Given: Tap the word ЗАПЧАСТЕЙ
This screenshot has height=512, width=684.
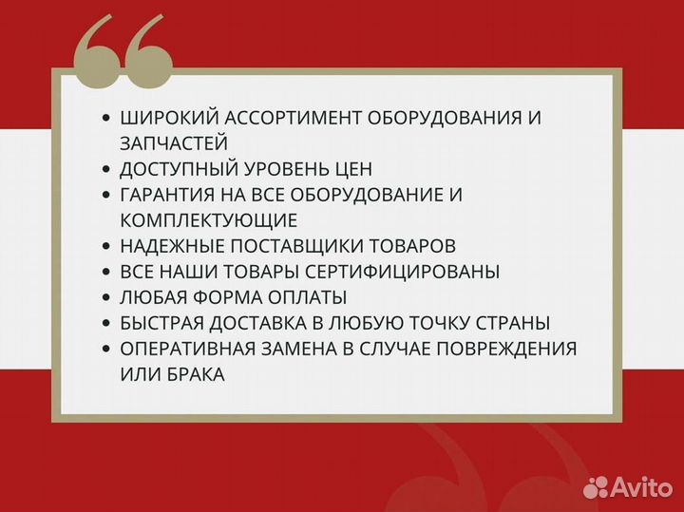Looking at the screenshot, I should coord(174,143).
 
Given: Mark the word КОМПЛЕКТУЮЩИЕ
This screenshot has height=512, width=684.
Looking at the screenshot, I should coord(209,220).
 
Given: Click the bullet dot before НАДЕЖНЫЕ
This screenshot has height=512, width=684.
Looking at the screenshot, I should coord(105,246).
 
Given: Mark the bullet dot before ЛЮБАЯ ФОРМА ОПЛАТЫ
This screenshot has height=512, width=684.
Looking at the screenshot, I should coord(105,297).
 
